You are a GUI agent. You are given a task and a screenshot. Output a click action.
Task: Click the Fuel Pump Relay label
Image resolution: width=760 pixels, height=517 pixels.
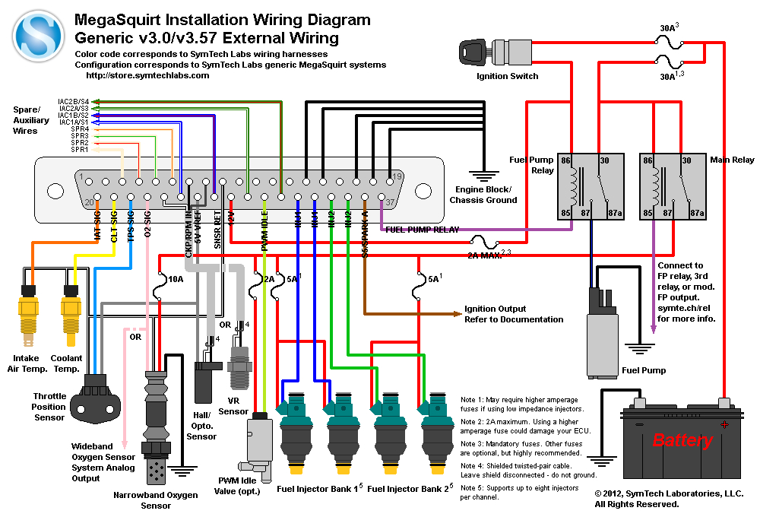pos(532,165)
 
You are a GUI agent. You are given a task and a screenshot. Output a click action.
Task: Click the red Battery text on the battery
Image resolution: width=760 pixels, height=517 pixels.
pos(682,440)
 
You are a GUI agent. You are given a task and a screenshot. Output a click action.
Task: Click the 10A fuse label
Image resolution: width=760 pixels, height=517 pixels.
pos(176,280)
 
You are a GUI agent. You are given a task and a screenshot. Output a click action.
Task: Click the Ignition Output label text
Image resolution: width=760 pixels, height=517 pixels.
pos(496,309)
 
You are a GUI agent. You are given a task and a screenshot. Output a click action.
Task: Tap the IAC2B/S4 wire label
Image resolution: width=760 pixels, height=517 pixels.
pos(74,101)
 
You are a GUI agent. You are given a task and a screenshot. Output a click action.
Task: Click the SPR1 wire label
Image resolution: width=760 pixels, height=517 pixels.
pos(80,150)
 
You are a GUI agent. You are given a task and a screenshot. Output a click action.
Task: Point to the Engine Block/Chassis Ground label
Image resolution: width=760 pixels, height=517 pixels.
pos(483,195)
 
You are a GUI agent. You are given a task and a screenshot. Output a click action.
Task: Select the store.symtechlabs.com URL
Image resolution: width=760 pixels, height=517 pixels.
pos(147,75)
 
